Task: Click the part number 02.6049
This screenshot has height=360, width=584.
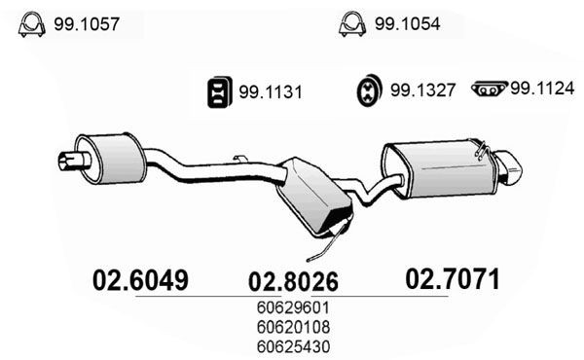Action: [138, 280]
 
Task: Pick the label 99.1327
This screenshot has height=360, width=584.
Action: [423, 93]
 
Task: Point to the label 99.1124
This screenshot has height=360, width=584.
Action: [540, 89]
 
